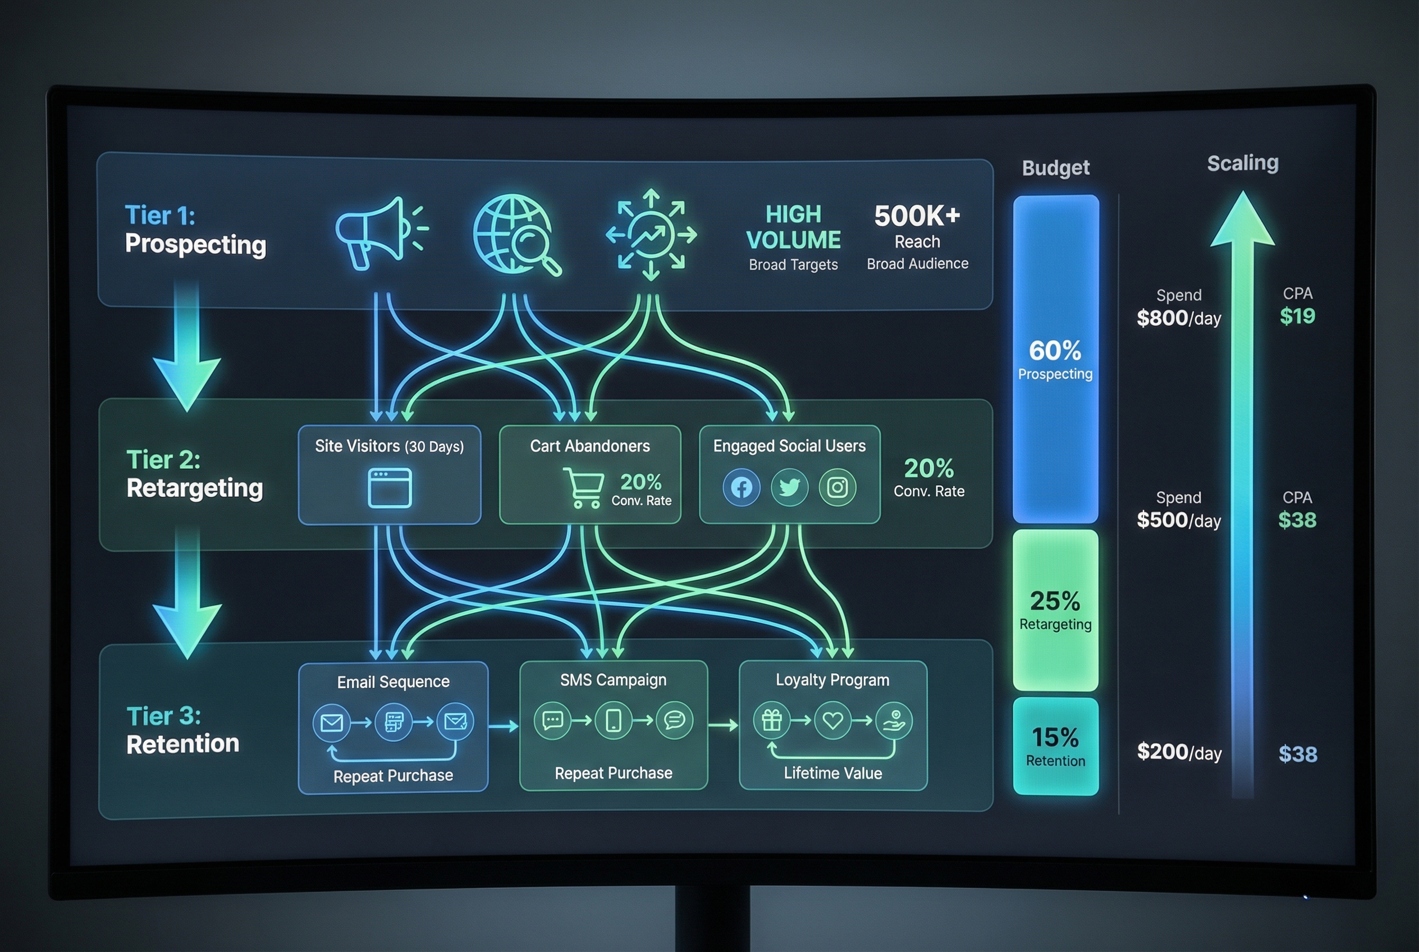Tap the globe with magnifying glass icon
(515, 234)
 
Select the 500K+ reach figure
(917, 216)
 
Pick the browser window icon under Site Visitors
(390, 488)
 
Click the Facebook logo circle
(741, 487)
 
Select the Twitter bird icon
(789, 487)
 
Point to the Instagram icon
(837, 487)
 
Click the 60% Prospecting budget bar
(1055, 358)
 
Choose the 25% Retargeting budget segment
(1055, 610)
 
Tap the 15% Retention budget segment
(1055, 746)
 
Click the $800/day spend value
(1179, 318)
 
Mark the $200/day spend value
(1179, 752)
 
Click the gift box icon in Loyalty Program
(772, 721)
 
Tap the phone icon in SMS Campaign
(614, 721)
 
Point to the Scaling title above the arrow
(1242, 163)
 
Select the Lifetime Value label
(832, 773)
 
